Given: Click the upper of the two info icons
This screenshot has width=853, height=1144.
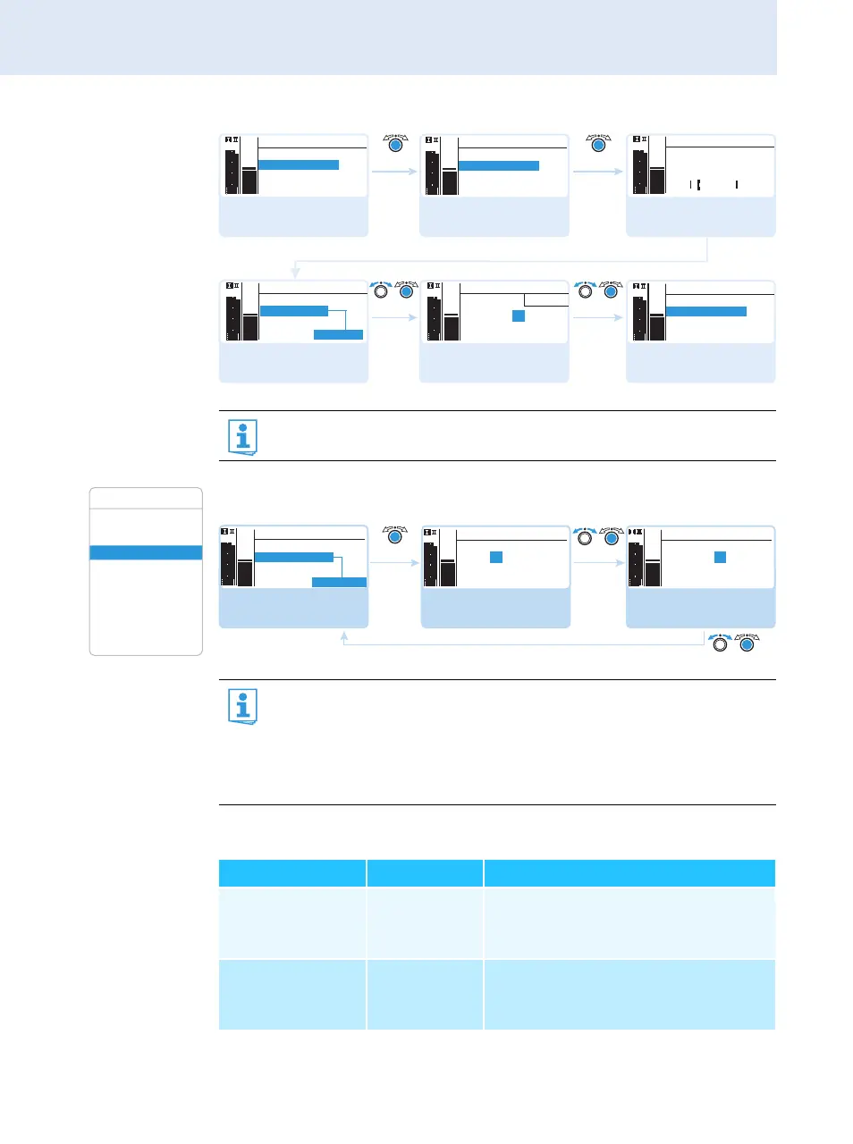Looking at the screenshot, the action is coord(242,437).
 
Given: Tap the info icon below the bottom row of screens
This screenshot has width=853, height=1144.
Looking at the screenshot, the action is coord(242,706).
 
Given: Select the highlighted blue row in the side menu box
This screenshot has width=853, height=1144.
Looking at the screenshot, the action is coord(146,552).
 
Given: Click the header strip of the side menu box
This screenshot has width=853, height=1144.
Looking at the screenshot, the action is coord(146,499).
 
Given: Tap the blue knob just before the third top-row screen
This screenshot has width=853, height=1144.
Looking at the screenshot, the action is coord(598,145).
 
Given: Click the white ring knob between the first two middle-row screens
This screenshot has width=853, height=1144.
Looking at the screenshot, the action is coord(382,291).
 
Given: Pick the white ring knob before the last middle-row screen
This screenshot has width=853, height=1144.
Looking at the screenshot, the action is coord(586,291).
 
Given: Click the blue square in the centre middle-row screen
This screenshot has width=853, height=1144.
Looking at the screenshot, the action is coord(518,315).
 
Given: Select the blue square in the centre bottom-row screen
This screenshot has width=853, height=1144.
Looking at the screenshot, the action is coord(496,557).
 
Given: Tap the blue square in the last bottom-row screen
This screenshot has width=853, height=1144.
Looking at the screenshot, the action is coord(720,557).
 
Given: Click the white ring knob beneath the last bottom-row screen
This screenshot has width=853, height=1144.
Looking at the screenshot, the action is coord(720,643).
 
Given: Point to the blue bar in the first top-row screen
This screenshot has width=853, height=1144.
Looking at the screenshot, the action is coord(299,164).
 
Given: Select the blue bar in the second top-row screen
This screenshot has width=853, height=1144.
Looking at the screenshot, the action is coord(499,165).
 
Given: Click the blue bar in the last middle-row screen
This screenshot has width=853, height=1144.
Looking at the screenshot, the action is coord(706,311).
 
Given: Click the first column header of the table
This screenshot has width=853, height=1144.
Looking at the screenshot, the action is coord(292,873).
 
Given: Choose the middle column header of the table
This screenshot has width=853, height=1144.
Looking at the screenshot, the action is coord(425,873).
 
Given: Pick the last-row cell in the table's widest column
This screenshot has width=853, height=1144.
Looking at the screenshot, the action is coord(629,994).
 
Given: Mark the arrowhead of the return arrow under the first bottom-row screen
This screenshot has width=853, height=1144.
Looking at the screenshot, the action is coord(344,635).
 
